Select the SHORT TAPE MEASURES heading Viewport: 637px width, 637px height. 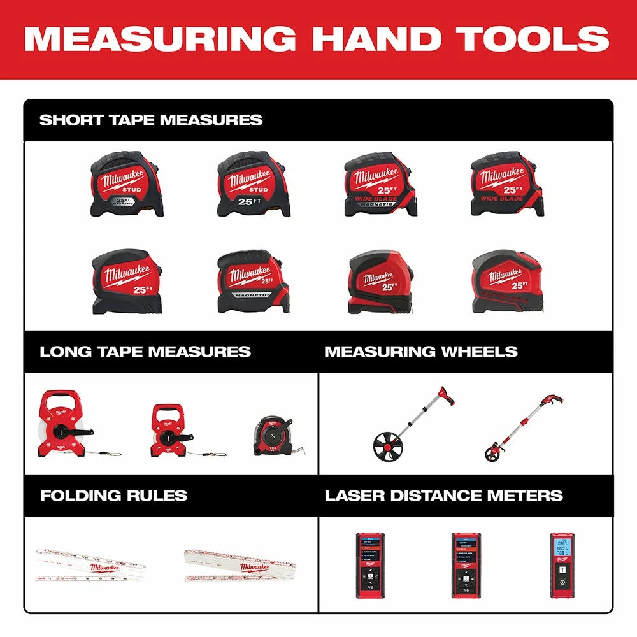coord(151,120)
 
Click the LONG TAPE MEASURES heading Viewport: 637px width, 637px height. coord(145,352)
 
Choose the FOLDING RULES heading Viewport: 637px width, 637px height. coord(113,496)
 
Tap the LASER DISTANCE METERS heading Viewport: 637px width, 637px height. coord(444,496)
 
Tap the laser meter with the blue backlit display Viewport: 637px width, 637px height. coord(562,564)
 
